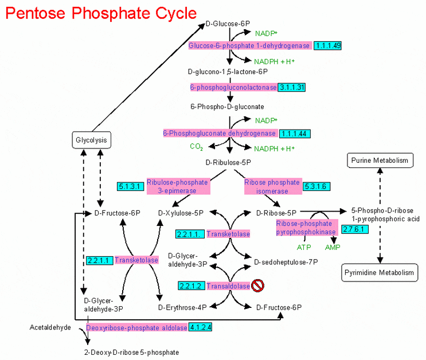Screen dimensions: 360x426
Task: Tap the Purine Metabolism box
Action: (x=379, y=160)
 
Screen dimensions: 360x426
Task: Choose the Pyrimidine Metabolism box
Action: (x=379, y=272)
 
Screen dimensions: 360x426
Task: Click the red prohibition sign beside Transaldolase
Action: (x=257, y=285)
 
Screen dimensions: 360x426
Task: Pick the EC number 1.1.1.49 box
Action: (x=328, y=45)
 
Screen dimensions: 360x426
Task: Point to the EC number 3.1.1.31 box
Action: (x=292, y=87)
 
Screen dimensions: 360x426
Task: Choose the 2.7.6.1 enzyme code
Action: (x=355, y=229)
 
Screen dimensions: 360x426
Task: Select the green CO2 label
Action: (x=197, y=147)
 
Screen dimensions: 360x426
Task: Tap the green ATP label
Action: (x=304, y=247)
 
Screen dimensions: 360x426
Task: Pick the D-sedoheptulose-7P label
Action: (x=286, y=262)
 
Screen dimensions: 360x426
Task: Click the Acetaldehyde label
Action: (x=50, y=327)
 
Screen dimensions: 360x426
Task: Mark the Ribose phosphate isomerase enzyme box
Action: (x=272, y=186)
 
